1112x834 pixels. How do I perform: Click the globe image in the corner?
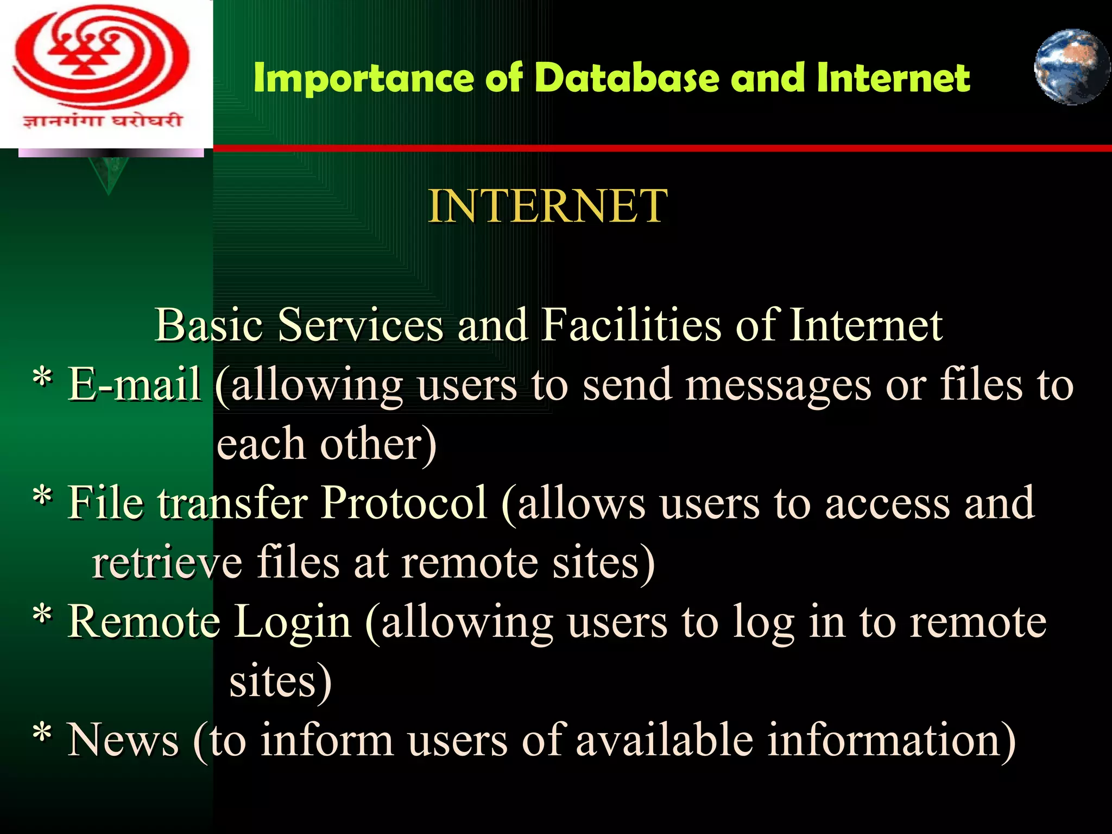pyautogui.click(x=1071, y=67)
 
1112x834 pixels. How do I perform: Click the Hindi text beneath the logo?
pyautogui.click(x=102, y=120)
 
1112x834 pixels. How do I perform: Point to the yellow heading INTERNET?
pyautogui.click(x=547, y=206)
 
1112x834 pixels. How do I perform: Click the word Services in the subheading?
pyautogui.click(x=361, y=325)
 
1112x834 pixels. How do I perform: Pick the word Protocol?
pyautogui.click(x=404, y=503)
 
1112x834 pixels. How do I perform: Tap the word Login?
pyautogui.click(x=293, y=622)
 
